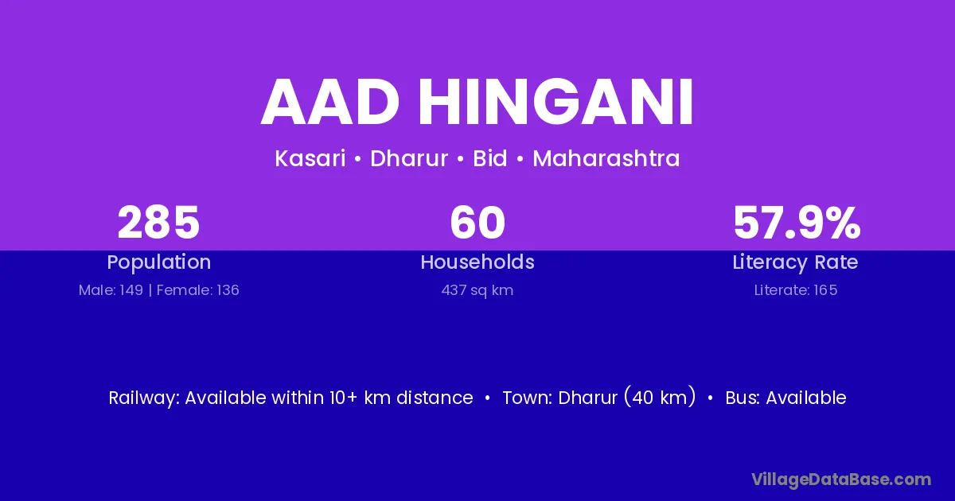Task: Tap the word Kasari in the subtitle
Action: point(310,158)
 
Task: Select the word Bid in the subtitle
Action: point(490,158)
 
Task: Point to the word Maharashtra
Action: point(606,158)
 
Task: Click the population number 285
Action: point(158,223)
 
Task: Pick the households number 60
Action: point(477,223)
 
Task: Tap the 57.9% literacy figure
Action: point(797,223)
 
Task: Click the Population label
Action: point(159,262)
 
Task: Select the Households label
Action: point(477,262)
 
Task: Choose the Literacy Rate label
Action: point(796,262)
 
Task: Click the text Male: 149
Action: point(111,290)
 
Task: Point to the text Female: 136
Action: point(198,290)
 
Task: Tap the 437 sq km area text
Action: point(477,290)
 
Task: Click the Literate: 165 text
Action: point(796,290)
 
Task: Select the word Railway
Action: point(145,398)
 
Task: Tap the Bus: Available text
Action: point(785,398)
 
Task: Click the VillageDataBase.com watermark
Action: point(841,480)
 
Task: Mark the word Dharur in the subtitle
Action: point(409,158)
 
